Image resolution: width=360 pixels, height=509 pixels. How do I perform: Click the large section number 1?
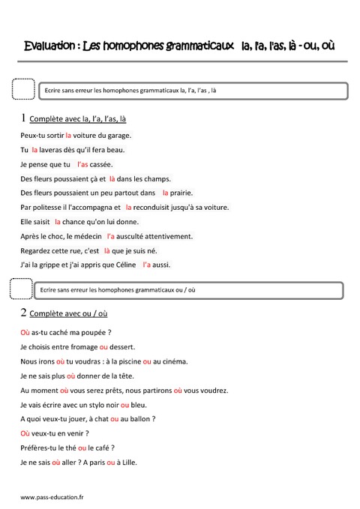pos(24,117)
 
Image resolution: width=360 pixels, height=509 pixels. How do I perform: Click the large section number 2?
pos(24,313)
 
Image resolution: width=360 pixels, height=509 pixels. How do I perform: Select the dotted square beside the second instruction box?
pos(22,288)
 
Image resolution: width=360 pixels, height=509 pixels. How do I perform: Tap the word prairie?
pos(196,193)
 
